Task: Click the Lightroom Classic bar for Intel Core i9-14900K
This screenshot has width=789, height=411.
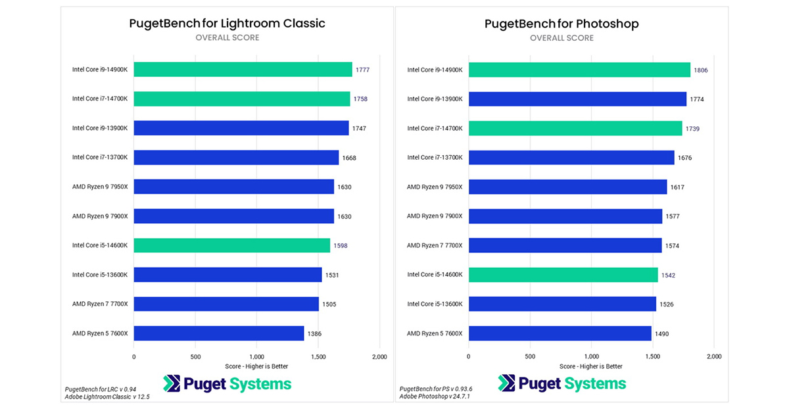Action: point(243,69)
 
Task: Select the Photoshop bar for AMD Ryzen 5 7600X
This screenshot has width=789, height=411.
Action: point(560,333)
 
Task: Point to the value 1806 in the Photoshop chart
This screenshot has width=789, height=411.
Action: point(700,70)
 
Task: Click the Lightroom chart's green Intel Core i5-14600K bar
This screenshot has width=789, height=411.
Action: point(231,245)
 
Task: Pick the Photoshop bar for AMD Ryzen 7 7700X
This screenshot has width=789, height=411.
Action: point(565,245)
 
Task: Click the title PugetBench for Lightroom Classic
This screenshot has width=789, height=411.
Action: point(227,24)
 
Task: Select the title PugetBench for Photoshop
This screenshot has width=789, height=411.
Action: point(562,24)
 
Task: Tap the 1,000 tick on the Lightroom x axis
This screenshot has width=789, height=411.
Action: point(256,356)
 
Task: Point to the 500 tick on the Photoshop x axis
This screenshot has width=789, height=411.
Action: point(530,356)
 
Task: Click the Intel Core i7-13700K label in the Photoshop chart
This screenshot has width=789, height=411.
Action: point(435,157)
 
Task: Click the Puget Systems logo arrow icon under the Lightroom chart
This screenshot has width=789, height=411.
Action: point(172,383)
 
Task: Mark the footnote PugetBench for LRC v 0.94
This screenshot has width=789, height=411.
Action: point(101,389)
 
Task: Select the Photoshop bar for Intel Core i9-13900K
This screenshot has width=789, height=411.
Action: point(577,99)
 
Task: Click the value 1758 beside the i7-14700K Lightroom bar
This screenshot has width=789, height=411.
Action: point(360,99)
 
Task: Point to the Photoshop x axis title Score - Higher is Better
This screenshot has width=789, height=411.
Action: point(590,366)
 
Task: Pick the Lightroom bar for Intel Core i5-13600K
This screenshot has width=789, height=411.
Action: point(227,275)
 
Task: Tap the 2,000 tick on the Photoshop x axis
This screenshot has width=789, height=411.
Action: point(713,356)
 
